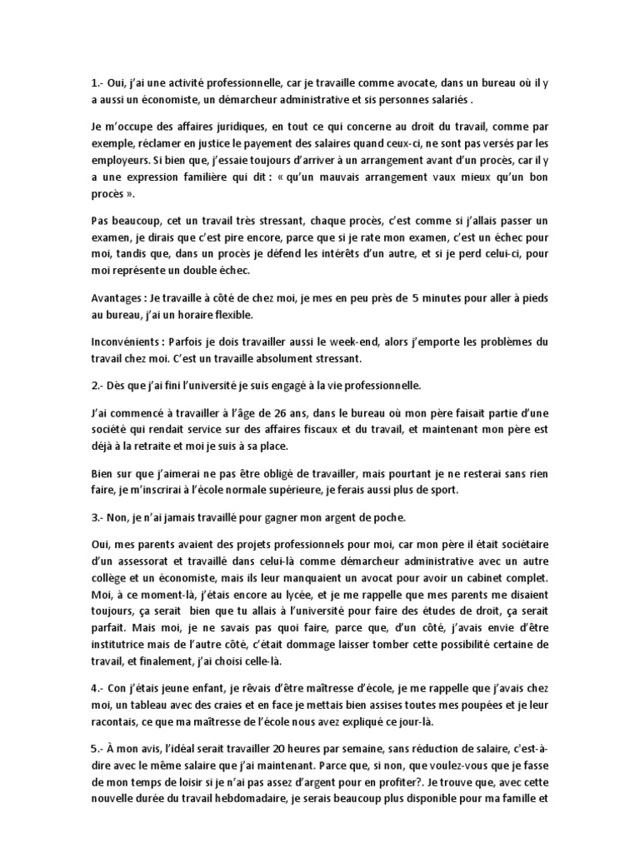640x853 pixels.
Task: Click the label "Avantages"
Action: [121, 298]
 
